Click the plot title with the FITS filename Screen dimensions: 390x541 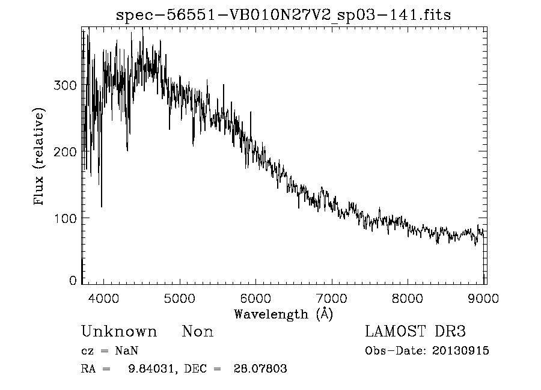283,15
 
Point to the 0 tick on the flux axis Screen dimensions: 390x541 73,280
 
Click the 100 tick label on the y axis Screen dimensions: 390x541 66,218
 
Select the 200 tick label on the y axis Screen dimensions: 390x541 66,151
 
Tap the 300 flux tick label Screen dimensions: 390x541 66,85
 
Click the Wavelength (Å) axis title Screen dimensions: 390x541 283,314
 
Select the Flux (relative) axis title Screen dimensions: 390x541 40,157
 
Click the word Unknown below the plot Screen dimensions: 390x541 119,332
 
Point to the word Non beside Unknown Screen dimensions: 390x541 198,332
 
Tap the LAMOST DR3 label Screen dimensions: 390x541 415,332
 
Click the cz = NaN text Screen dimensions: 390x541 109,351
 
